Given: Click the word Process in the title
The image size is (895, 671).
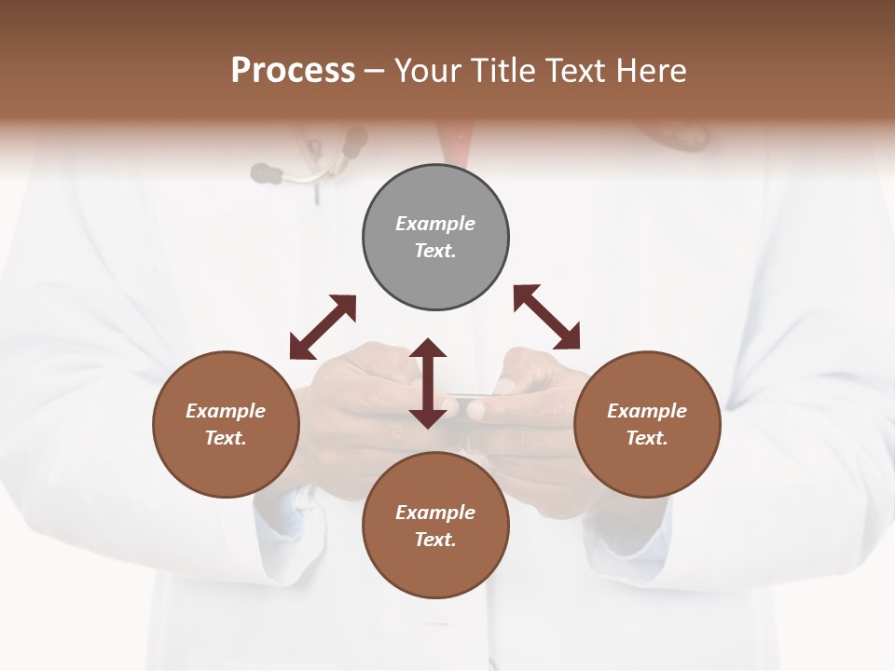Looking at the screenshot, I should [293, 71].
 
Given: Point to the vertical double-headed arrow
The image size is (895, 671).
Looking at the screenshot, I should [428, 383].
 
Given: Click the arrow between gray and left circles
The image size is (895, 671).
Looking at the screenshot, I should [323, 326].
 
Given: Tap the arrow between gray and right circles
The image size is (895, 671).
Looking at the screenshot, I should [546, 317].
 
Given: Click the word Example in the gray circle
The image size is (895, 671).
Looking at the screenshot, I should [435, 224].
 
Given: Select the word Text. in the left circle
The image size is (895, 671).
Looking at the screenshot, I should [226, 438].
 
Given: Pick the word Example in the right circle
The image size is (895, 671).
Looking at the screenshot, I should [647, 411].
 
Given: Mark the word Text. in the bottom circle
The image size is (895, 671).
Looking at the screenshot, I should [435, 540].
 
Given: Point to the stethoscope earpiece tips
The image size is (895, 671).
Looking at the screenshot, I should [268, 171].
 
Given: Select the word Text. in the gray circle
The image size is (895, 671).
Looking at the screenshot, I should [435, 251].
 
